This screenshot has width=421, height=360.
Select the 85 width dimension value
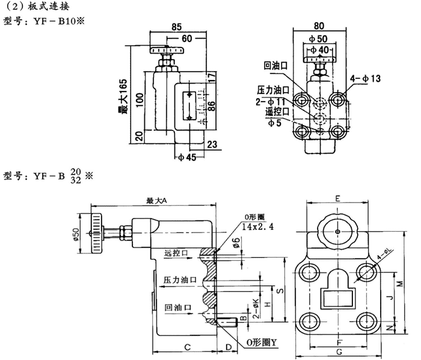coord(176,26)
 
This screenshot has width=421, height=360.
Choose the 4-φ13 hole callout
coord(366,79)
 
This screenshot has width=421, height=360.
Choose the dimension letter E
coord(338,198)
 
